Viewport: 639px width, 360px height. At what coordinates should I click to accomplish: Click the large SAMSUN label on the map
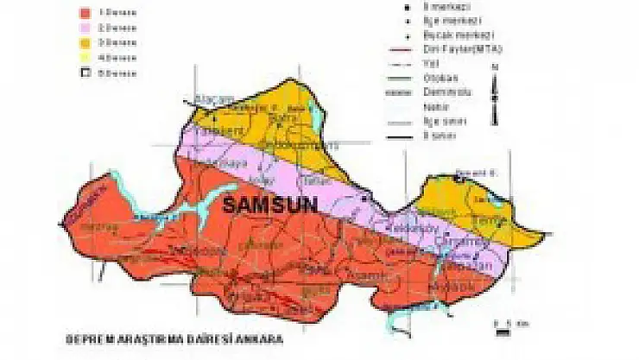(x=270, y=205)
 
